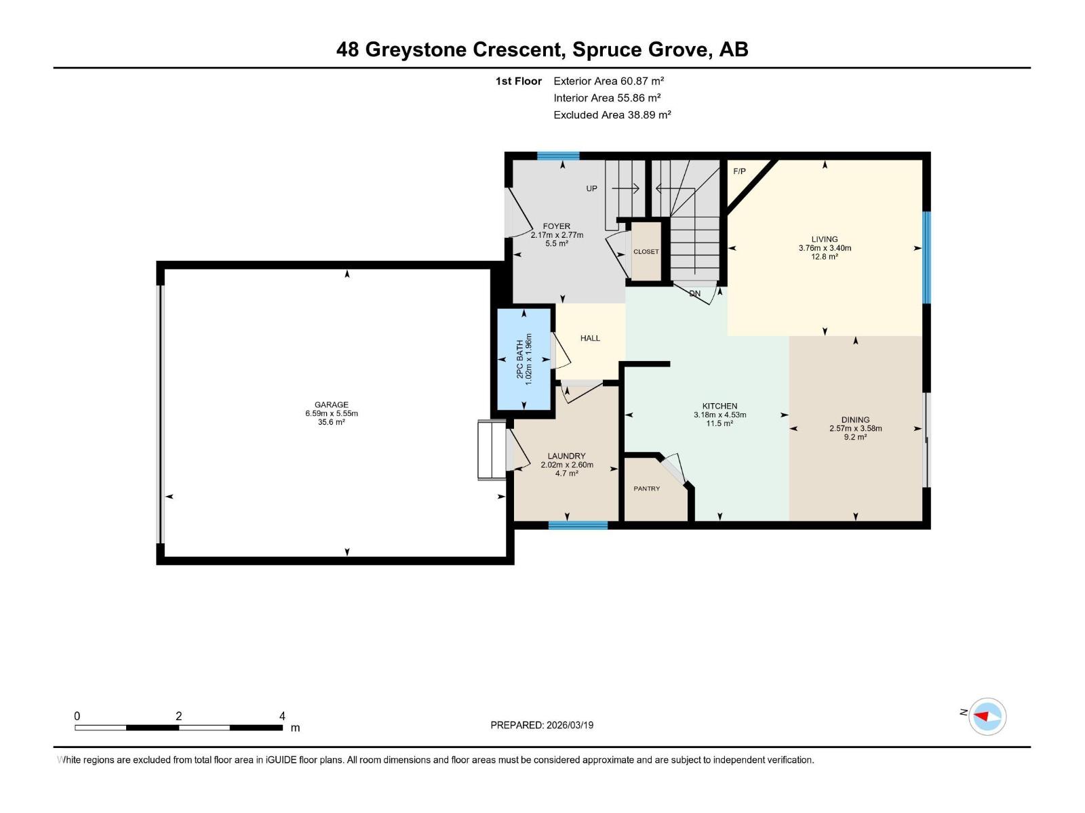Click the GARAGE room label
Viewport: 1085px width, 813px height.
click(331, 404)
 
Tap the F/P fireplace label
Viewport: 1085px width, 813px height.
click(739, 171)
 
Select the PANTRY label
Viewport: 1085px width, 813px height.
click(646, 488)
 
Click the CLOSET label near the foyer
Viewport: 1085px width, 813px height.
click(646, 251)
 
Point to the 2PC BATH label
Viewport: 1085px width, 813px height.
click(520, 359)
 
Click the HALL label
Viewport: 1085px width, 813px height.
click(590, 338)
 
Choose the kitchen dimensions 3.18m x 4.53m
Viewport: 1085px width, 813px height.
click(719, 415)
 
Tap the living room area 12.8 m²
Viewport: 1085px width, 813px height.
click(824, 257)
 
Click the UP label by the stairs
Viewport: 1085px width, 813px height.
click(591, 188)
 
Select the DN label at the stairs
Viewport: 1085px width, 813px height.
click(694, 293)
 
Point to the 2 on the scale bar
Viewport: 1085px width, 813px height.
click(178, 716)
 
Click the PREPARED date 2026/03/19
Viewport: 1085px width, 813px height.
click(542, 725)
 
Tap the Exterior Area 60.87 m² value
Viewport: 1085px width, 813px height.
click(608, 81)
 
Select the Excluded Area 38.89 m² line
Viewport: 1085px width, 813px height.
click(612, 114)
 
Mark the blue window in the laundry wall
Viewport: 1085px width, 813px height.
click(578, 524)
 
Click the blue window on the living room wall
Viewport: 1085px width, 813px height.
click(926, 257)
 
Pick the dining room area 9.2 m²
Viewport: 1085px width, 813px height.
click(855, 437)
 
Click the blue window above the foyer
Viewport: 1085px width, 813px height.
click(558, 156)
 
